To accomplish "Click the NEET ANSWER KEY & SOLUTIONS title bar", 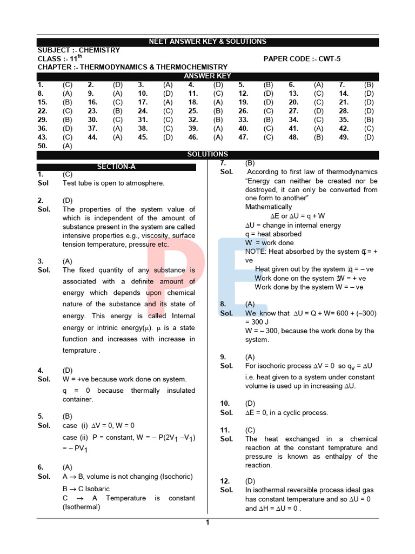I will click(x=207, y=42).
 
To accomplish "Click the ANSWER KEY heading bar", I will click(x=207, y=76).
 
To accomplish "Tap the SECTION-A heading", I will click(x=116, y=167).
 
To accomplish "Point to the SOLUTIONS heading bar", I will click(x=207, y=154).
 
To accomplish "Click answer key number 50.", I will click(x=43, y=146).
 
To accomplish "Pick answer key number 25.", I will click(x=193, y=111).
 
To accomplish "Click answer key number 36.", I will click(x=43, y=129).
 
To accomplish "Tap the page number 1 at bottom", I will click(x=207, y=522).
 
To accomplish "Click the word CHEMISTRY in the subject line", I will click(x=99, y=50).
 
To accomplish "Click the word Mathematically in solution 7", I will click(x=269, y=207).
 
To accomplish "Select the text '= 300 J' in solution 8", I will click(x=259, y=322).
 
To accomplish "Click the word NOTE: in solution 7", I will click(x=256, y=252).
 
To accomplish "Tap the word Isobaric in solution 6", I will click(x=97, y=489).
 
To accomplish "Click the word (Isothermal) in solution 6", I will click(x=82, y=507).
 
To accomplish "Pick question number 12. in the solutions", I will click(x=225, y=481).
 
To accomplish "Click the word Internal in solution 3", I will click(x=183, y=316).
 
